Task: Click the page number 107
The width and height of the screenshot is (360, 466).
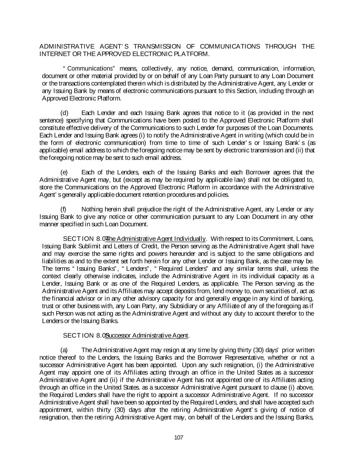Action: pos(178,438)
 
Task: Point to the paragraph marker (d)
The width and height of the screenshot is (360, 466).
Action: pos(64,113)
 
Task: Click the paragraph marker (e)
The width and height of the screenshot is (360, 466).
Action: pos(64,172)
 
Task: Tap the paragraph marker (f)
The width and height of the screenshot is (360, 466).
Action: pos(63,209)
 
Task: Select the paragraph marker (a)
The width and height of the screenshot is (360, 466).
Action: pos(64,350)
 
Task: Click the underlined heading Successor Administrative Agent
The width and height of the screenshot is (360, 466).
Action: pos(147,336)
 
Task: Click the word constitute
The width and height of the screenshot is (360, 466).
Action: pos(53,128)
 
